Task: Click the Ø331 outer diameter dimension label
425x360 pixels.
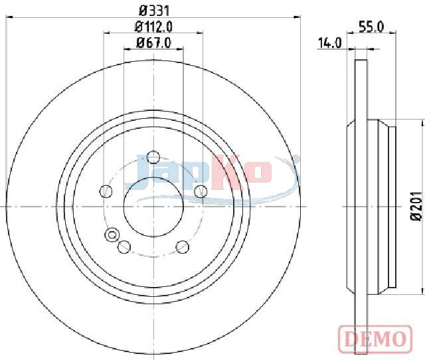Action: coord(154,11)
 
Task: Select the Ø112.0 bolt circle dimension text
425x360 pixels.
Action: coord(153,27)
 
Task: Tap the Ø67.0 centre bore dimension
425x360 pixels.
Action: coord(153,43)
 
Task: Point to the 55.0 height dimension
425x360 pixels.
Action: coord(371,27)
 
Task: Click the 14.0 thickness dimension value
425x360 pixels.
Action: coord(329,43)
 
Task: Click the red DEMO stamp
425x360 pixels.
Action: coord(375,338)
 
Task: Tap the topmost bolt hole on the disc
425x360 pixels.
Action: coord(153,157)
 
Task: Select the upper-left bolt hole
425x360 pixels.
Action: coord(106,191)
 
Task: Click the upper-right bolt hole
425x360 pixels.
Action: coord(201,191)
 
